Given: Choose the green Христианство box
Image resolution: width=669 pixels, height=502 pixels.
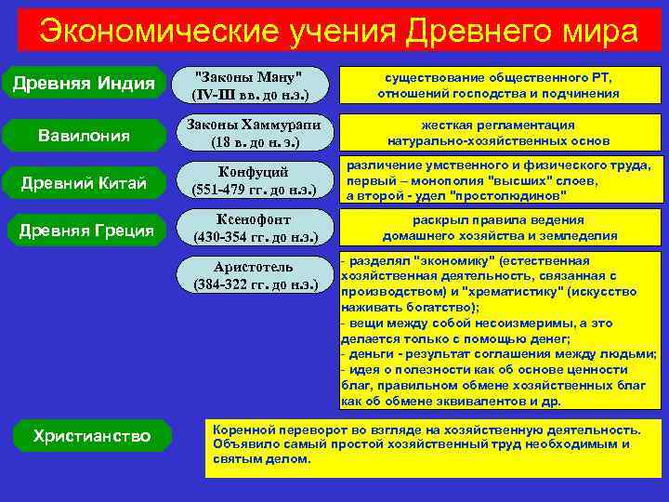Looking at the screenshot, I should (x=90, y=435).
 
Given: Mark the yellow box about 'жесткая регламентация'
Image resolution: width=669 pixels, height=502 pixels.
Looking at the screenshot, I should (x=498, y=133).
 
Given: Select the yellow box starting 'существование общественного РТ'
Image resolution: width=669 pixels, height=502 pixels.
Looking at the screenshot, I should (x=498, y=85).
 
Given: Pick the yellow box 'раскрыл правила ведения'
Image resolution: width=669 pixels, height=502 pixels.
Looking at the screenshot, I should (x=498, y=228).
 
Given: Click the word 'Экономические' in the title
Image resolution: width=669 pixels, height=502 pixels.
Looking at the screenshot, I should (x=149, y=32).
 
